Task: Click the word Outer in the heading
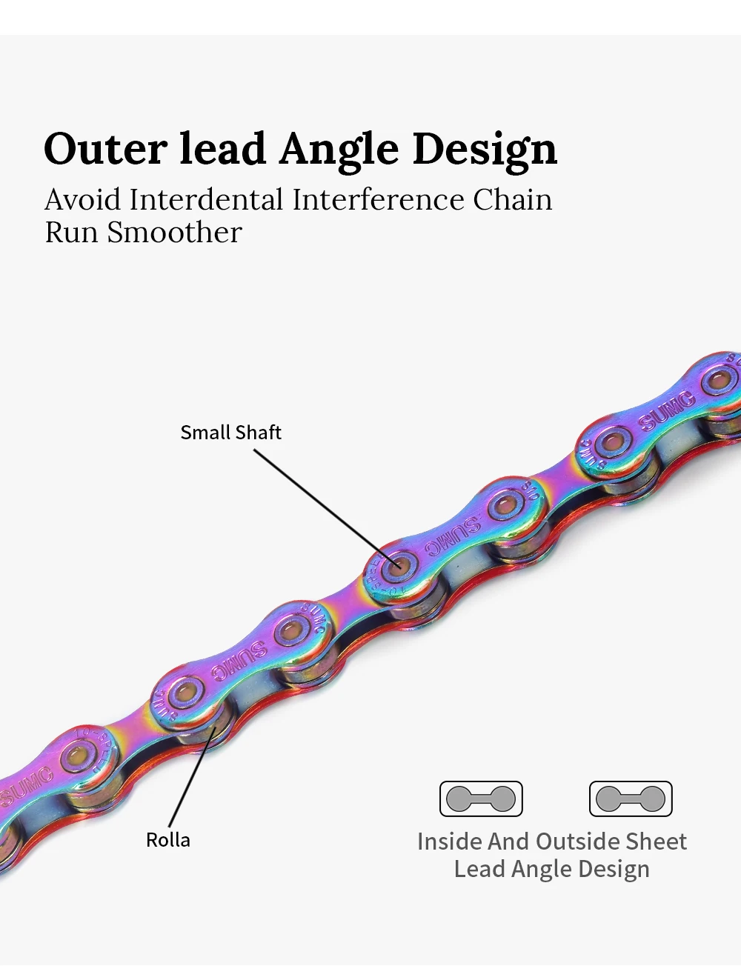105,149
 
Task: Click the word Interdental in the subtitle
206,200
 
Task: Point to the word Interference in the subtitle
378,200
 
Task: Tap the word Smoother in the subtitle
174,233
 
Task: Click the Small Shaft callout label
230,433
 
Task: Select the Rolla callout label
168,840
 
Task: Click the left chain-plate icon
481,799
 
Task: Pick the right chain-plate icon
631,799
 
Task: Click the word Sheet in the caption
656,841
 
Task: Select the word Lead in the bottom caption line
476,869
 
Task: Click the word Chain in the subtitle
513,200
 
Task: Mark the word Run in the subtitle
72,233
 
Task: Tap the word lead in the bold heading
223,149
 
